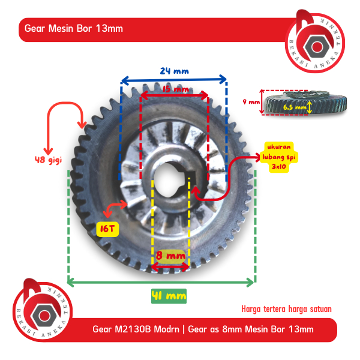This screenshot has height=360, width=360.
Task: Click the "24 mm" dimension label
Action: (174, 70)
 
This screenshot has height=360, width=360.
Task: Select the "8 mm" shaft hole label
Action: (170, 255)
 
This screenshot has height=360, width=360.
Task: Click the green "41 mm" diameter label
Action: (168, 295)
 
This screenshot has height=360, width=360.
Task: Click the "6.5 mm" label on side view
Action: (293, 107)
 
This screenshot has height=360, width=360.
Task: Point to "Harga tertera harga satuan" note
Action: (286, 309)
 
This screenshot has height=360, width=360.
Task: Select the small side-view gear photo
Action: (306, 103)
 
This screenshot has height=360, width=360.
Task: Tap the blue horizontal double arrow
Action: (174, 79)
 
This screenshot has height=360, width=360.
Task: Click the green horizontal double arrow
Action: (161, 281)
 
